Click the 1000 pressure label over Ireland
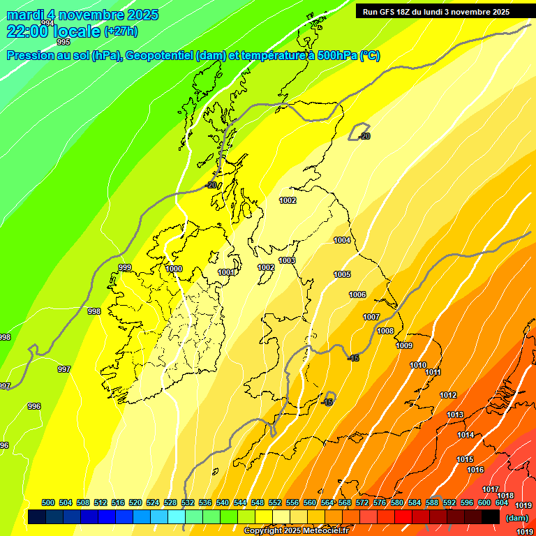coord(174,269)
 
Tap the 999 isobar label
coord(125,267)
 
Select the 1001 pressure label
coord(226,272)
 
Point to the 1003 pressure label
coord(287,260)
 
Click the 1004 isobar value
coord(342,240)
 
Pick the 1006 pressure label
coord(357,295)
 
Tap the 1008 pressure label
coord(385,331)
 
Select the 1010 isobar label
coord(418,365)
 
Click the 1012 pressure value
coord(448,395)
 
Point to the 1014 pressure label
coord(466,435)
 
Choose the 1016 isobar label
coord(475,470)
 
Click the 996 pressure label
coord(33,405)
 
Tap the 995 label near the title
coord(64,42)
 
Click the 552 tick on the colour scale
coord(275,502)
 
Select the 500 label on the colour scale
coord(48,502)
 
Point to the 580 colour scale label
coord(397,502)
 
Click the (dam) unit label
coord(517,518)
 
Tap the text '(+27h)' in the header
coord(120,31)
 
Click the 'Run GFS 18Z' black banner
coord(436,12)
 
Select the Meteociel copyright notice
coord(296,531)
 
